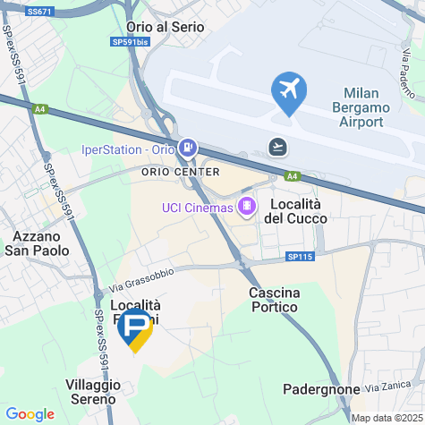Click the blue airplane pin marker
[x=289, y=91]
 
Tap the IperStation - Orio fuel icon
[x=188, y=148]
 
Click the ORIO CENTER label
[x=181, y=171]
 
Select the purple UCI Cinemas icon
[x=246, y=208]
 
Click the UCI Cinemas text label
[x=197, y=208]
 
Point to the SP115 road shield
[x=301, y=257]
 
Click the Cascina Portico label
[x=275, y=302]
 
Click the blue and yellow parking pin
[x=135, y=330]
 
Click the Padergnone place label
[x=320, y=389]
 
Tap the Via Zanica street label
[x=386, y=386]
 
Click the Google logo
[x=30, y=414]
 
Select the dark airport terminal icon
[x=278, y=147]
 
